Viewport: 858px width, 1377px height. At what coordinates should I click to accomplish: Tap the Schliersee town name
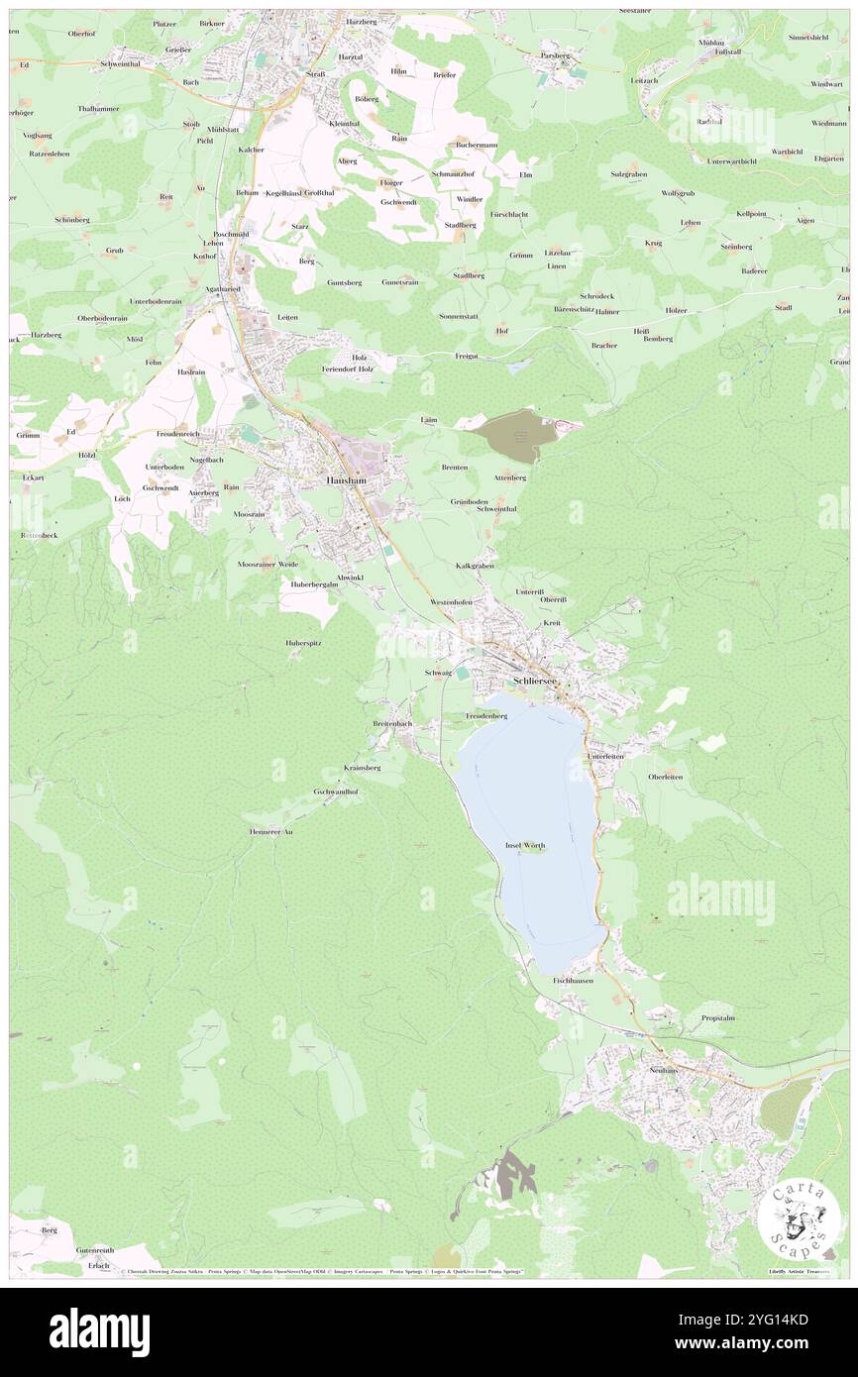pos(536,682)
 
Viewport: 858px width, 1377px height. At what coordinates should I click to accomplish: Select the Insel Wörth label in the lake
pos(525,844)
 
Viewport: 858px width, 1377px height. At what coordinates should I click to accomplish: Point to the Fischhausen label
pos(573,980)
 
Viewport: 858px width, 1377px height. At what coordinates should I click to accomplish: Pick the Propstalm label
pos(717,1017)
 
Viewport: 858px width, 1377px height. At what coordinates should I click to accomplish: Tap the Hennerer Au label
pos(270,832)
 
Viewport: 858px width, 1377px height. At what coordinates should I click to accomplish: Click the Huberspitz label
pos(305,642)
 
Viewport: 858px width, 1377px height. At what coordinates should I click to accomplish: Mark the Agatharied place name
pos(223,289)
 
